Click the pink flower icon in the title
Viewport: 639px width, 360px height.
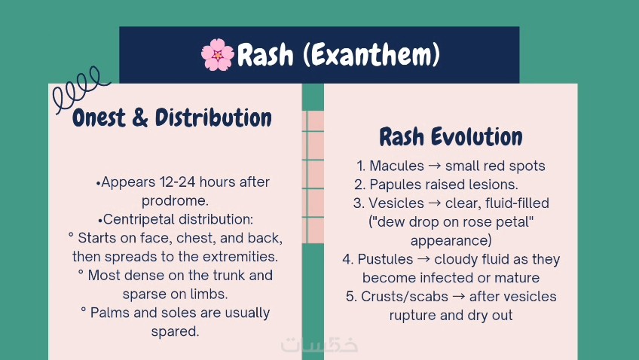218,54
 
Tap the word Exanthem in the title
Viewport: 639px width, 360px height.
371,54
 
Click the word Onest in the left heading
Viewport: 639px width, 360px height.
99,118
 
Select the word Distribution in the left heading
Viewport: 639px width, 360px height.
213,117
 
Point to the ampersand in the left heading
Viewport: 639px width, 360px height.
140,118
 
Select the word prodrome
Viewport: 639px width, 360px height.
175,201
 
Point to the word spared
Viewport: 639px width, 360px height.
175,331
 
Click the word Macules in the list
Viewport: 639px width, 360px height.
396,166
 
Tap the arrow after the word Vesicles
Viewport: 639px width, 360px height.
435,203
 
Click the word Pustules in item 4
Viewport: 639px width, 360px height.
385,259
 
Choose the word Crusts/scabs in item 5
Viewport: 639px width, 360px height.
404,297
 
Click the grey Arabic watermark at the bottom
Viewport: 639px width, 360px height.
319,345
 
